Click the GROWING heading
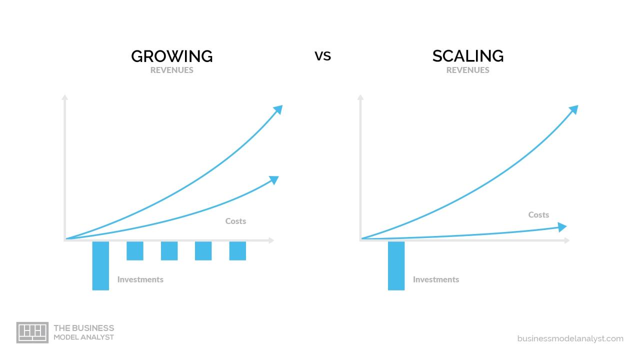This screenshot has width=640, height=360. pos(171,56)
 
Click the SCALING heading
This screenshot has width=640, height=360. pos(467,56)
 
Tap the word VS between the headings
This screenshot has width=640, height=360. pos(322,56)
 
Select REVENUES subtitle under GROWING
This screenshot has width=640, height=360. pos(171,70)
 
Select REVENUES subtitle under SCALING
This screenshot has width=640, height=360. pos(467,70)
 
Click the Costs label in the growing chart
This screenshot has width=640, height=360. pos(235,221)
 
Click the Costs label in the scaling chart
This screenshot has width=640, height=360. pos(538,214)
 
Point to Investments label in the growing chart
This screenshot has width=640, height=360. pos(140,279)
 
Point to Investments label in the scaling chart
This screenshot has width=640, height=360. pos(435,279)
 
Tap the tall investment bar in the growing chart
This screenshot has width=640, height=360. pos(100,265)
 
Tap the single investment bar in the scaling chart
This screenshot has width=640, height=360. pos(396,265)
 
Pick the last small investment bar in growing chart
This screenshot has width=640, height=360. pos(237,250)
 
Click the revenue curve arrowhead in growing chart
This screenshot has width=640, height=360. pos(278,109)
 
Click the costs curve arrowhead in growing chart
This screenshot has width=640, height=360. pos(274,179)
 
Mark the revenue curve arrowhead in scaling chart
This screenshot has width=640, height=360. pos(574,109)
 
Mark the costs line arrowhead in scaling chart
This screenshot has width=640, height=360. pos(562,227)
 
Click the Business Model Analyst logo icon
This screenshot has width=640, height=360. pos(32,332)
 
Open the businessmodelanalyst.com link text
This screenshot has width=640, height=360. pos(570,338)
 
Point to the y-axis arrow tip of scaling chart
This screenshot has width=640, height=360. pos(360,96)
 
